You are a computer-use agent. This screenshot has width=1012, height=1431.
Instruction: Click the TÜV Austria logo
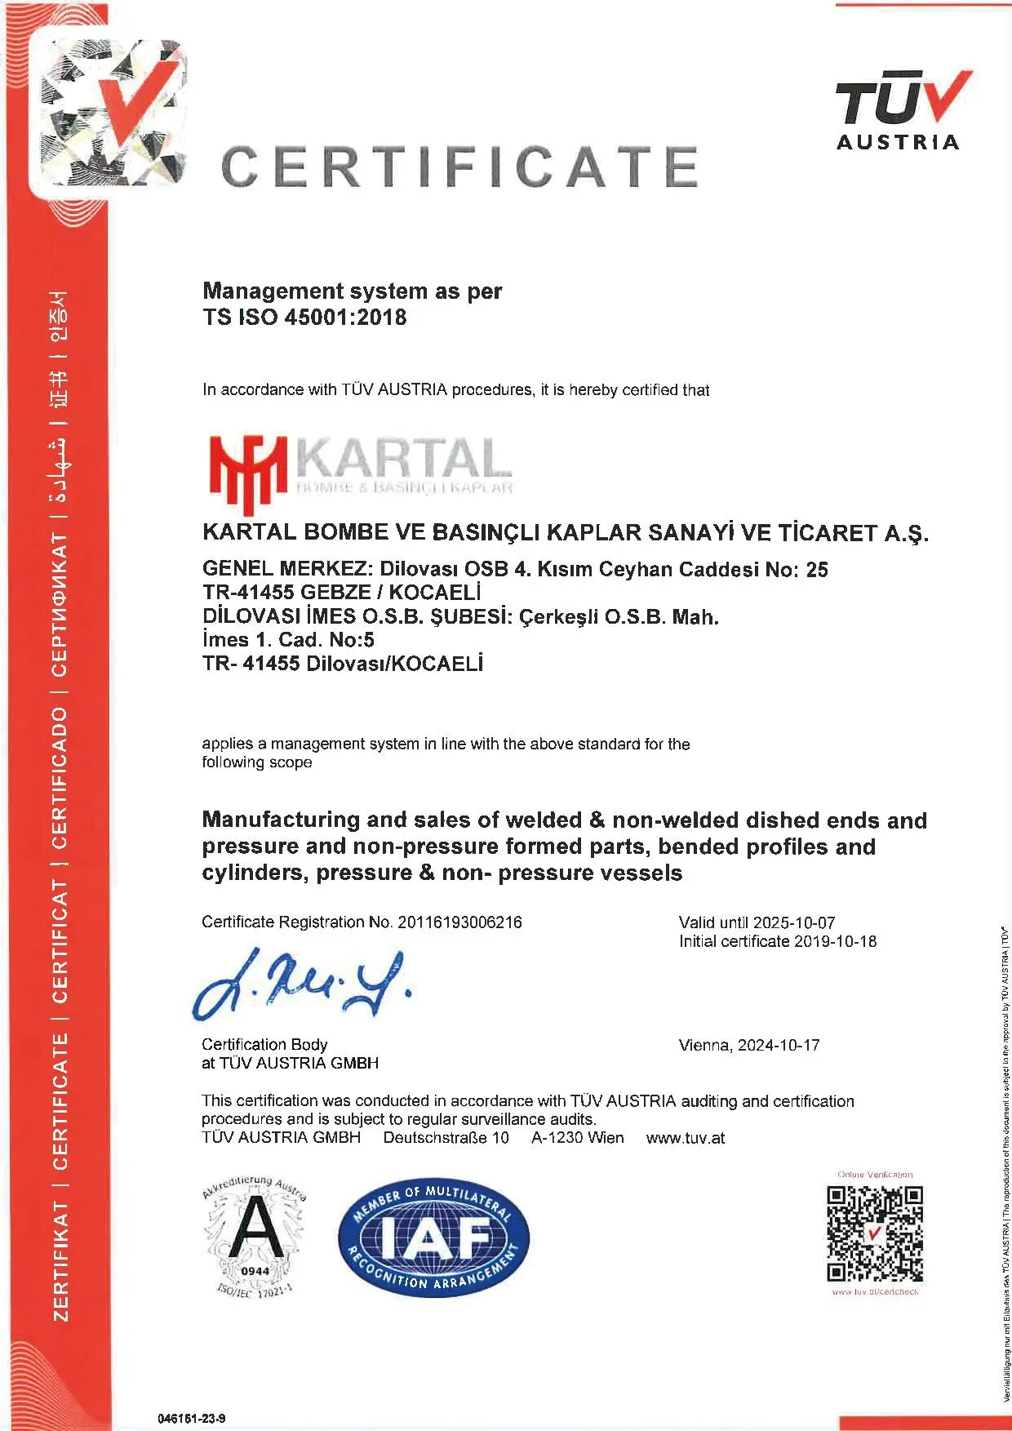click(x=900, y=110)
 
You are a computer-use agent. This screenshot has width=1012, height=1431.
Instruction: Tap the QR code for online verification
click(x=875, y=1234)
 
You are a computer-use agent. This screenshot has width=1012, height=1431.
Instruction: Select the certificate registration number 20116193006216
click(x=459, y=922)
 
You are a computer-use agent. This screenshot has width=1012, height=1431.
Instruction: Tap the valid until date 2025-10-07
click(x=793, y=922)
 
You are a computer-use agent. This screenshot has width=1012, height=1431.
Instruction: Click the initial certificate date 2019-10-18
click(x=835, y=941)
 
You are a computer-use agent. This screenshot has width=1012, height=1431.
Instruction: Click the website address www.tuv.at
click(x=685, y=1138)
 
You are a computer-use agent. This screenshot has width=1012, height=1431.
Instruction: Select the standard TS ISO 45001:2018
click(x=304, y=317)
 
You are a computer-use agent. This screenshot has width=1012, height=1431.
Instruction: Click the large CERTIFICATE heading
click(x=459, y=166)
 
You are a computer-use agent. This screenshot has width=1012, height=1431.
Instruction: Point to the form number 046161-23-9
click(x=191, y=1419)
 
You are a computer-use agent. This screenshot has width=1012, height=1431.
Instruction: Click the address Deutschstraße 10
click(x=446, y=1138)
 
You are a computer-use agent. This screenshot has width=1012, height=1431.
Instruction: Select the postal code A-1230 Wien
click(x=577, y=1138)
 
